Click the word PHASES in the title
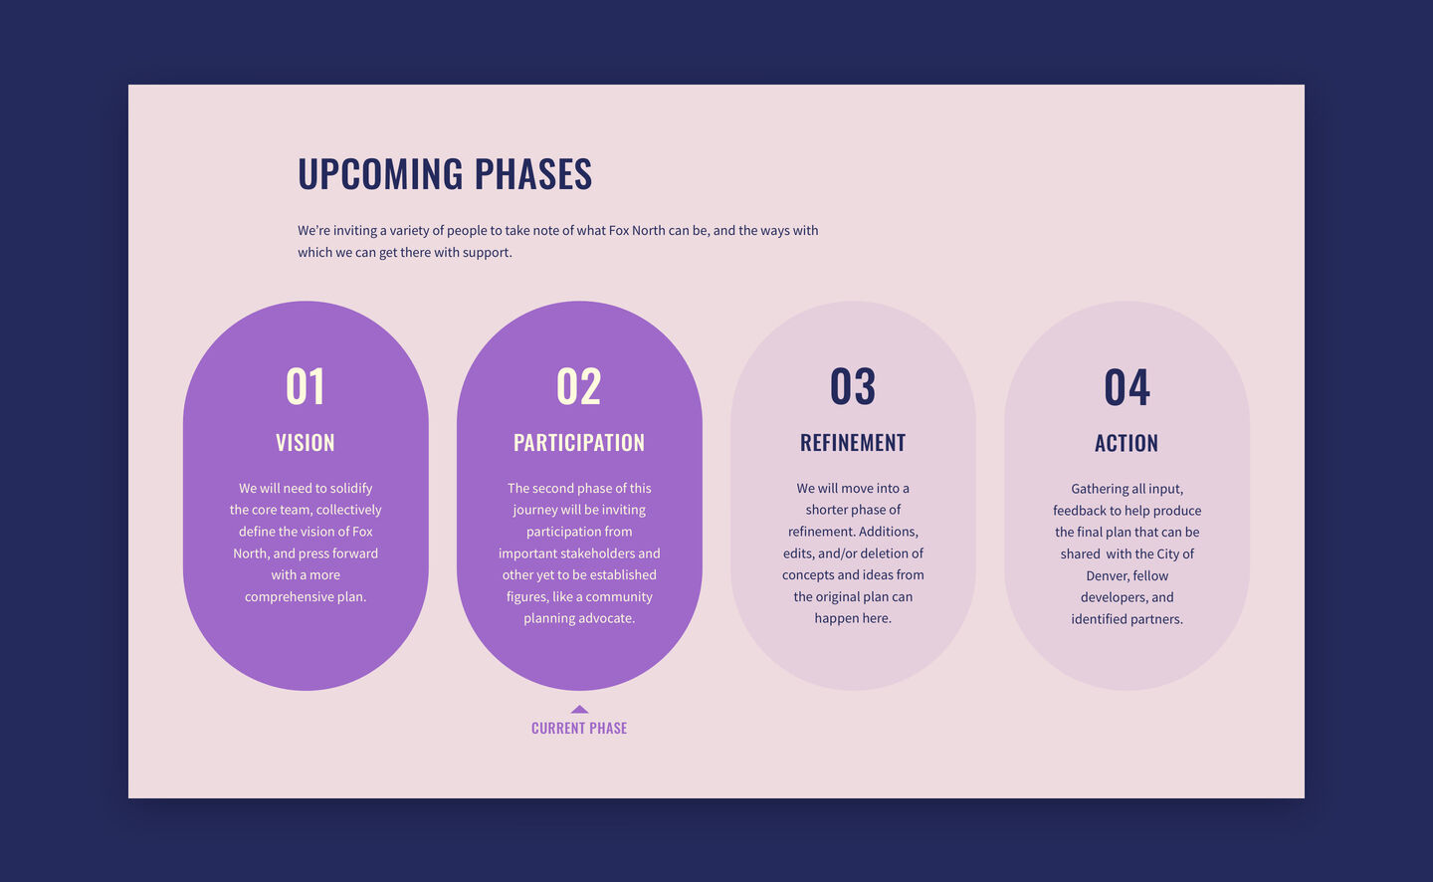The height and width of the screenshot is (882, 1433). point(533,173)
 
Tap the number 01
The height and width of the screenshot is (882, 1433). point(306,386)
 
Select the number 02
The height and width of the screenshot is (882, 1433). point(579,386)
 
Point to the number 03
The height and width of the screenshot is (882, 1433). point(853,386)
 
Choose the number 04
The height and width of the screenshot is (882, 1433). point(1126,387)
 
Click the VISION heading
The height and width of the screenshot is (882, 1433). point(306,443)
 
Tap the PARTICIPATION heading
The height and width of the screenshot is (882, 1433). point(579,443)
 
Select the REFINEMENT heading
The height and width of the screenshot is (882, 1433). point(853,443)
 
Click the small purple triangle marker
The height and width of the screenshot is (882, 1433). point(579,709)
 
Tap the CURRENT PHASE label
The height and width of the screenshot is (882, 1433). point(579,729)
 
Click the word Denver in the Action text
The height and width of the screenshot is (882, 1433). point(1107,576)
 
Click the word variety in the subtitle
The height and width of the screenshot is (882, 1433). point(410,231)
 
